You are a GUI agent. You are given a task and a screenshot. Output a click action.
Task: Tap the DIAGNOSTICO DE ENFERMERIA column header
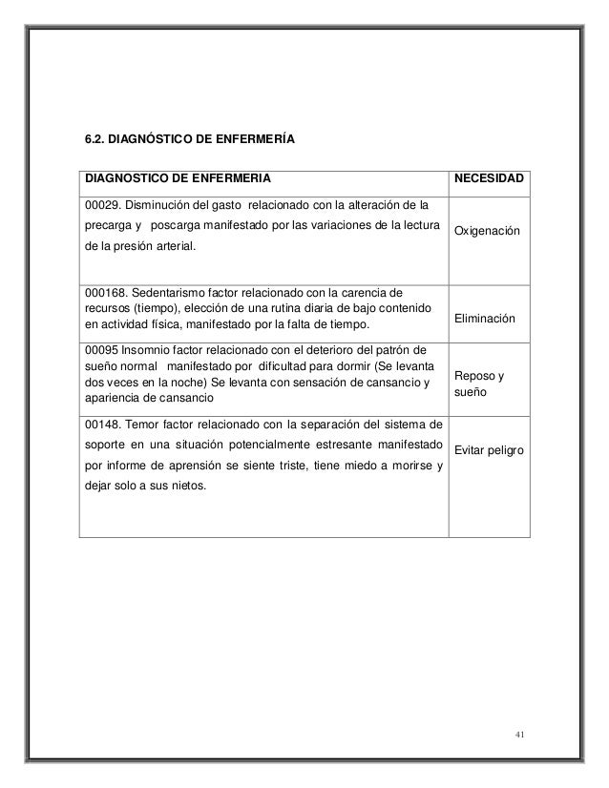tap(178, 177)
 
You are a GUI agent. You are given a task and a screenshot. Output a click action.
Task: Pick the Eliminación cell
tap(485, 320)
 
